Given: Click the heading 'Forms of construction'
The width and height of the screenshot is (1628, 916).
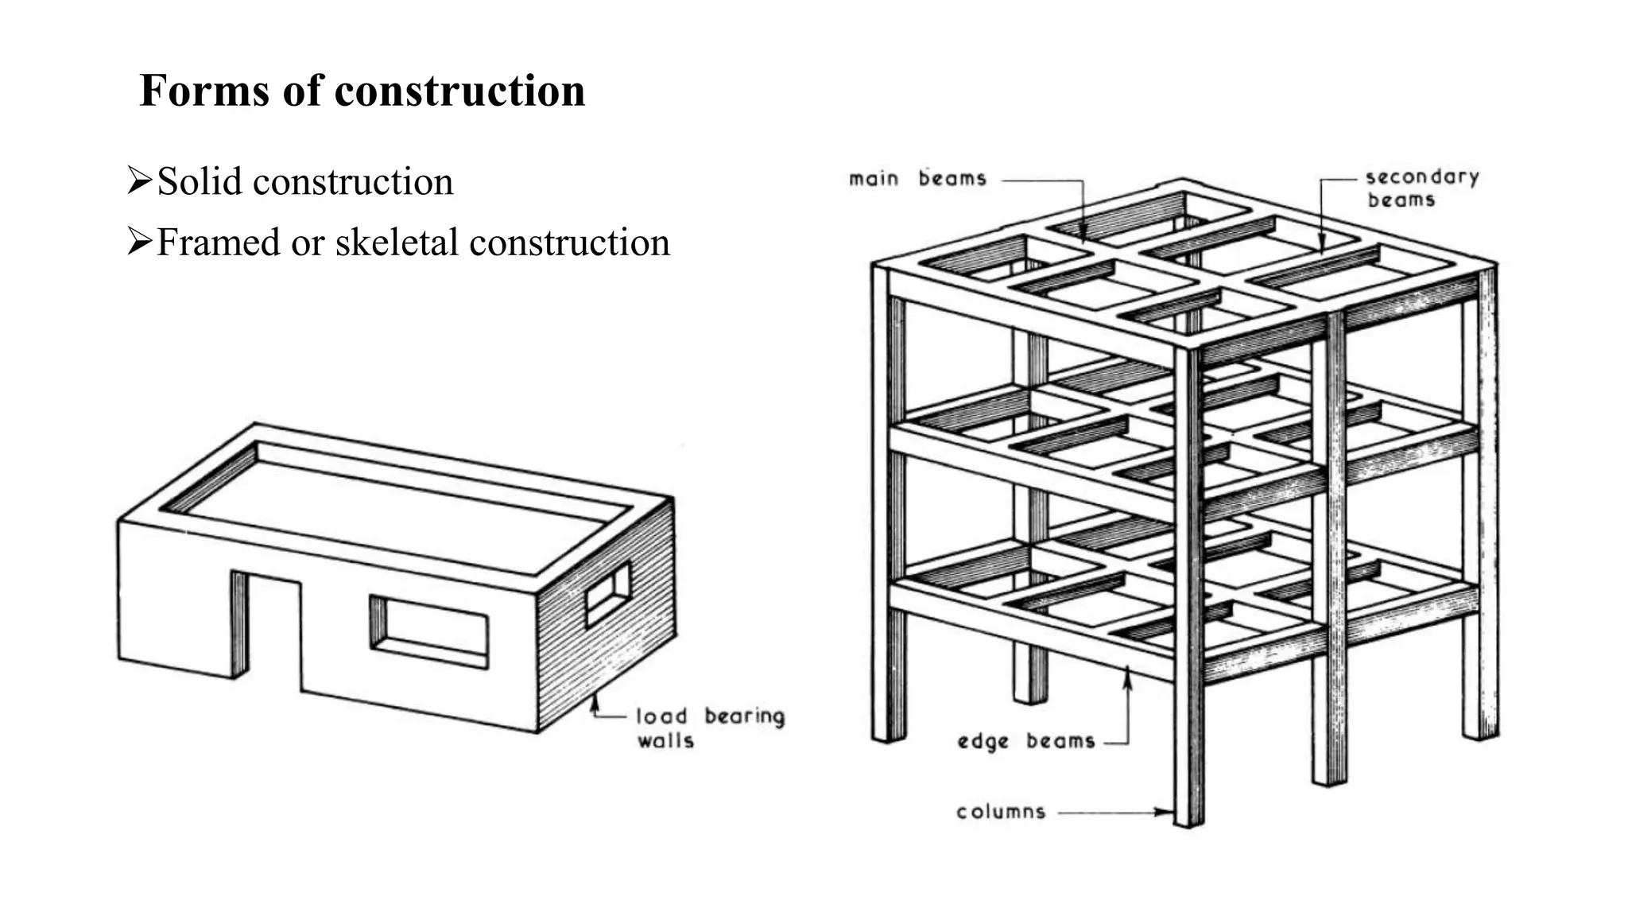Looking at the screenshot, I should pos(362,91).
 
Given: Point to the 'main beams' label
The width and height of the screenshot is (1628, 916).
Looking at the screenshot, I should pos(917,179).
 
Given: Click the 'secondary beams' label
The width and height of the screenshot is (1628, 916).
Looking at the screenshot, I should pos(1421,188).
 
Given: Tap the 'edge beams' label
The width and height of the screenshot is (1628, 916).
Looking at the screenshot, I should pos(1025,742).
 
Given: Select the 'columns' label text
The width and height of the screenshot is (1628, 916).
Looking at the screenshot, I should pos(1001,813).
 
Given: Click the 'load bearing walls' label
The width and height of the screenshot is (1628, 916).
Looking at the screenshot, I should pos(709,728).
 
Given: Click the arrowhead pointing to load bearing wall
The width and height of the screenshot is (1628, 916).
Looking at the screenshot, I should pos(594,701).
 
